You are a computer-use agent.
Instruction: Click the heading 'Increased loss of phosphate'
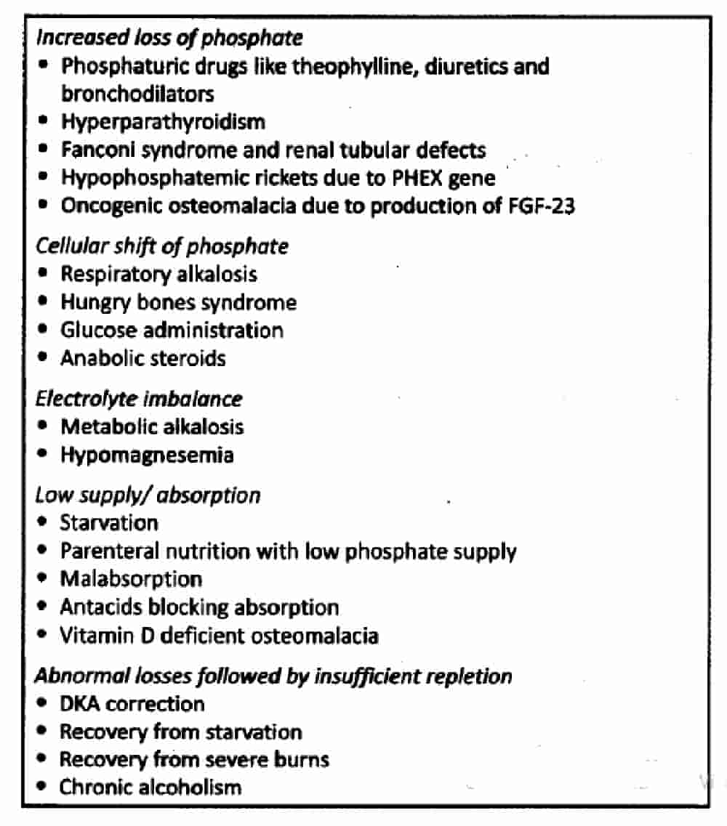coord(169,37)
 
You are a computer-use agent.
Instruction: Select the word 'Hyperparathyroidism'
coord(163,121)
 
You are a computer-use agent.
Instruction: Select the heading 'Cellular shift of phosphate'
coord(162,246)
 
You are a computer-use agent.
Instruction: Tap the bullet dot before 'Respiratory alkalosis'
coord(44,274)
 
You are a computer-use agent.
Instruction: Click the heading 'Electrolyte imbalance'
coord(139,398)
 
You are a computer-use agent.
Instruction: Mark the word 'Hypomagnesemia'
coord(147,455)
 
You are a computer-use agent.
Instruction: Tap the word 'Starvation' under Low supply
coord(108,522)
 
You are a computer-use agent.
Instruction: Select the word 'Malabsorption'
coord(131,579)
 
